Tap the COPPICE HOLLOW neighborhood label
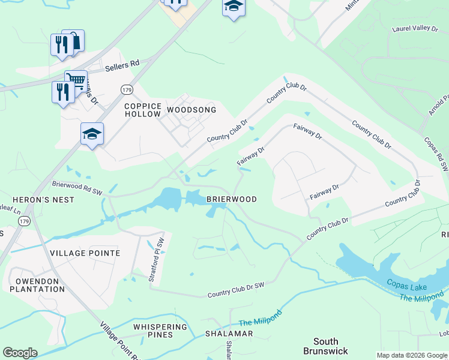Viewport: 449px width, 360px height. click(x=142, y=110)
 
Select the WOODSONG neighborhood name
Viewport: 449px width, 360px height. click(x=191, y=110)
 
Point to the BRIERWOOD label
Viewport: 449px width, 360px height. click(x=232, y=199)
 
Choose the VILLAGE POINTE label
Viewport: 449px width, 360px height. click(x=85, y=253)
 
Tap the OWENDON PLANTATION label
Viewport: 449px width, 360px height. click(x=37, y=285)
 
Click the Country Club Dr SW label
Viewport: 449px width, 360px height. click(x=236, y=291)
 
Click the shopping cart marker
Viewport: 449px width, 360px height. click(x=76, y=79)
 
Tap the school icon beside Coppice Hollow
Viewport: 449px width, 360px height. click(x=92, y=134)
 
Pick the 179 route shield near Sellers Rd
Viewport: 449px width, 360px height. click(x=126, y=89)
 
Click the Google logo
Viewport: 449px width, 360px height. click(x=20, y=353)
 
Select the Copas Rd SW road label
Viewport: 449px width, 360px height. click(x=436, y=148)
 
